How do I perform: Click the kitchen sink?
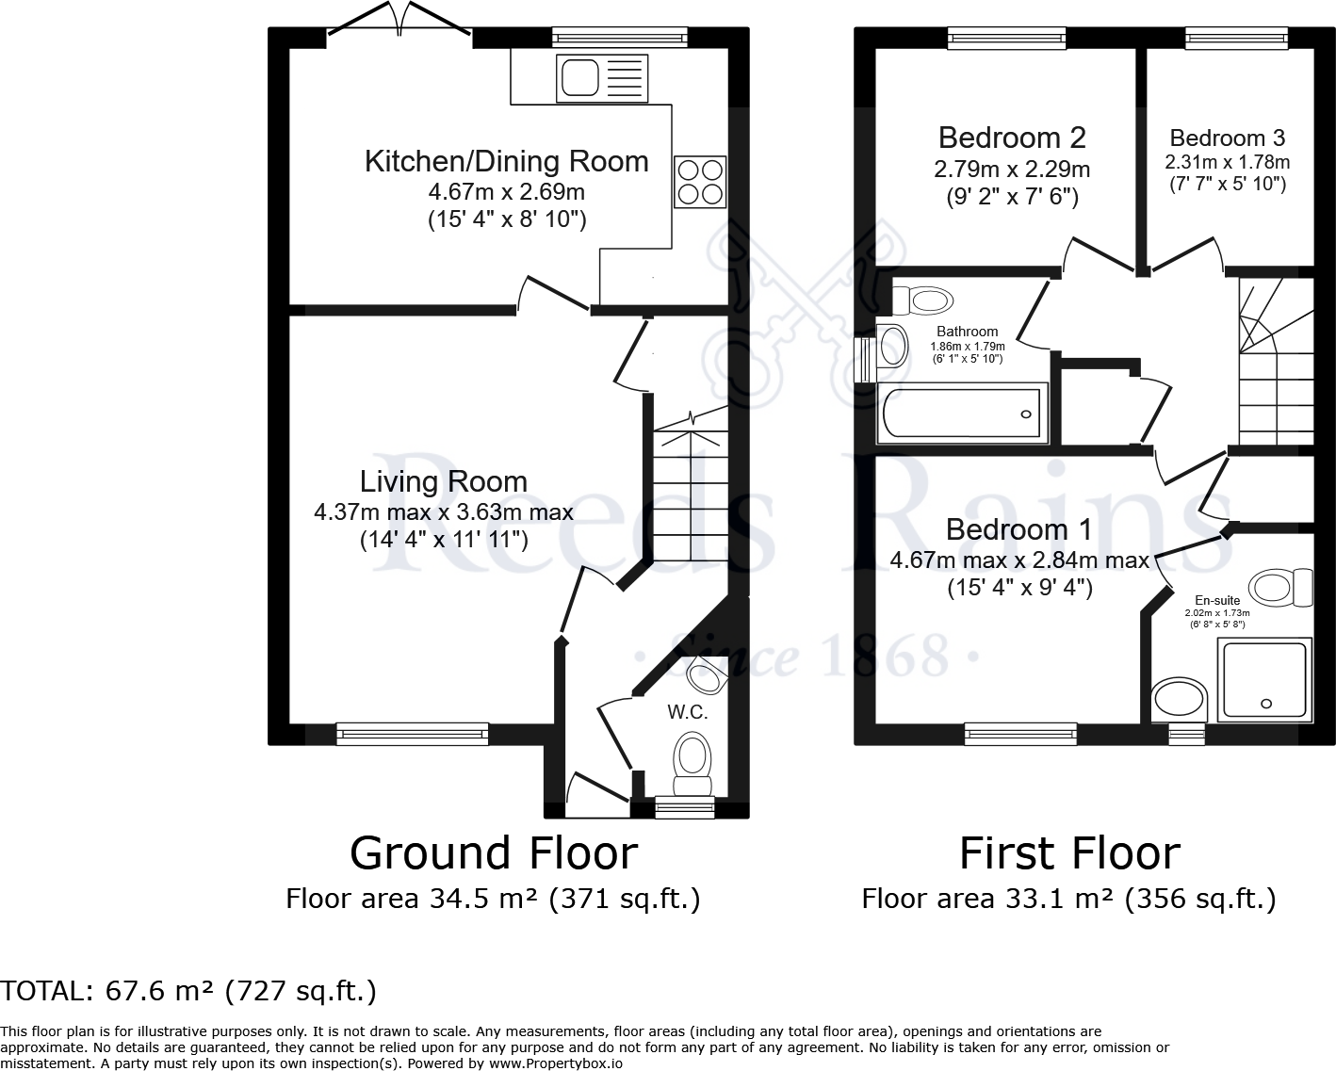tap(602, 78)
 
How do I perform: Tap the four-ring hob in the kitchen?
tap(700, 181)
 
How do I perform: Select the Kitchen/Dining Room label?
tap(507, 161)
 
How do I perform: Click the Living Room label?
tap(444, 481)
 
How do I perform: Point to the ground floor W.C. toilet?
tap(692, 764)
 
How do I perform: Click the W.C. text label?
tap(688, 712)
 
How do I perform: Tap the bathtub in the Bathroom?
tap(962, 413)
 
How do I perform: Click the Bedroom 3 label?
tap(1228, 138)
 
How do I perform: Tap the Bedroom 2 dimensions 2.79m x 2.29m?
tap(1012, 169)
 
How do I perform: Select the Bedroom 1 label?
tap(1018, 529)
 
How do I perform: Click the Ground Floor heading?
tap(494, 853)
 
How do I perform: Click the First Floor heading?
tap(1069, 853)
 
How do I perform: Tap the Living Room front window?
tap(413, 734)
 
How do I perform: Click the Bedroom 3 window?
tap(1237, 39)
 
